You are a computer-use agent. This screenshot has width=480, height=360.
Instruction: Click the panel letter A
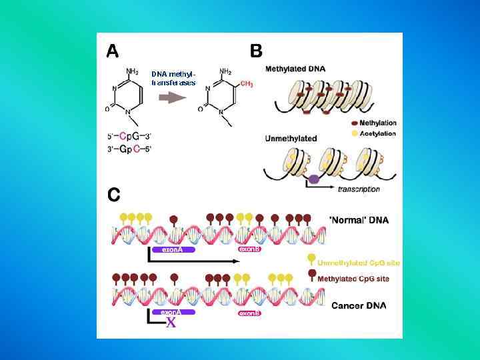[113, 51]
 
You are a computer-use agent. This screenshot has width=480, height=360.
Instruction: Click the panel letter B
[256, 51]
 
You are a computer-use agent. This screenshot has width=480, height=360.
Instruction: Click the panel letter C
[114, 194]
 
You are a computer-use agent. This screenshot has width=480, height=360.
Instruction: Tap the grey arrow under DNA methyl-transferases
[172, 97]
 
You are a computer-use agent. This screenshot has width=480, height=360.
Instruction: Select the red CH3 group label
[247, 84]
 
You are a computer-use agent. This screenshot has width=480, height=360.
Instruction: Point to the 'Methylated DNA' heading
[295, 69]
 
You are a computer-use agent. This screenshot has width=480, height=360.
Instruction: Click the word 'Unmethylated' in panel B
[291, 138]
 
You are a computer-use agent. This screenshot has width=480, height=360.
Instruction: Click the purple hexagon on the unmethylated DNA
[313, 179]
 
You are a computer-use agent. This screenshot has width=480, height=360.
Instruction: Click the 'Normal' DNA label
[359, 219]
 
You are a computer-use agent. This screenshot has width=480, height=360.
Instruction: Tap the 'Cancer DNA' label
[359, 306]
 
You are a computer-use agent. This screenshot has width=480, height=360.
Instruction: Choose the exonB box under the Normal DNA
[249, 249]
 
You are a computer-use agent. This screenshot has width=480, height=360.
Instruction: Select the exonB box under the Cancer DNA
[249, 313]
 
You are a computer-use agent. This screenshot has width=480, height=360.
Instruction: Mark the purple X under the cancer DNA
[171, 323]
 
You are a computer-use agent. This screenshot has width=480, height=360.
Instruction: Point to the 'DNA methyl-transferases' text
[173, 78]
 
